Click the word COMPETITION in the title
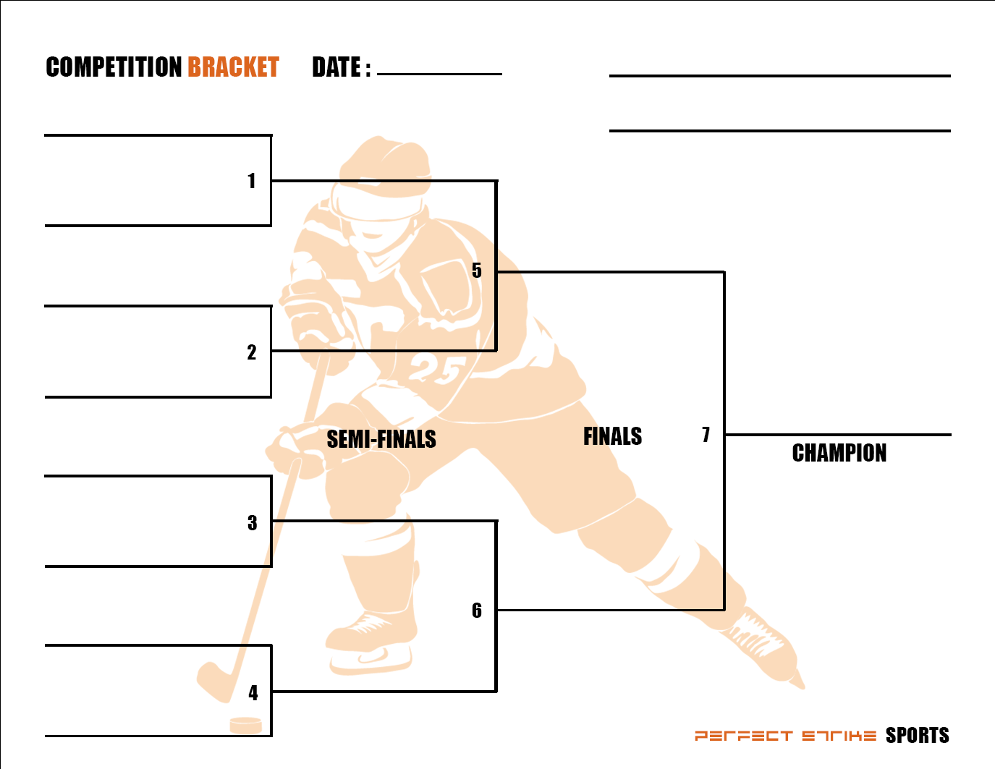113,67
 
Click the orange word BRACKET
233,67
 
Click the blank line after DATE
439,73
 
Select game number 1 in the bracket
252,181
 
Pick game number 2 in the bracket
252,352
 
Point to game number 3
252,523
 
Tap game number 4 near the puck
253,693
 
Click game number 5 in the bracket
476,271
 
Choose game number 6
476,611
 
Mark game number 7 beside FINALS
706,435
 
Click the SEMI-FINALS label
381,439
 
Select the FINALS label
612,436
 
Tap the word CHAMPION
839,453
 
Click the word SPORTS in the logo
917,736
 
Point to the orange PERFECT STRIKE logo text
785,736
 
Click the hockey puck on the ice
245,724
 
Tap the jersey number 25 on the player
434,370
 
